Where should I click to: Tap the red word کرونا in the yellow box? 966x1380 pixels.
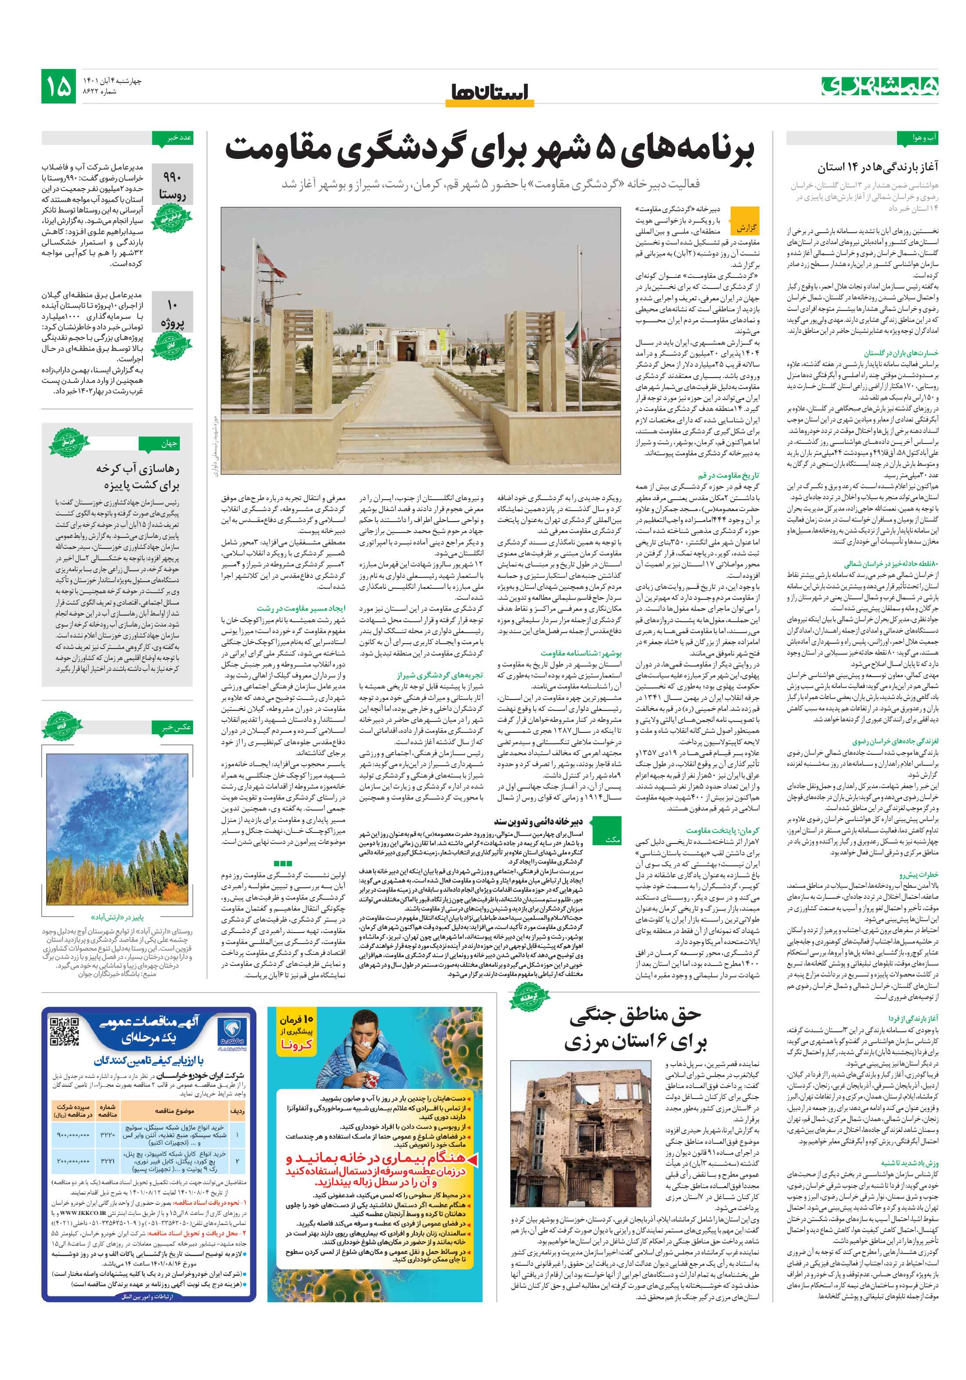click(296, 1045)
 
